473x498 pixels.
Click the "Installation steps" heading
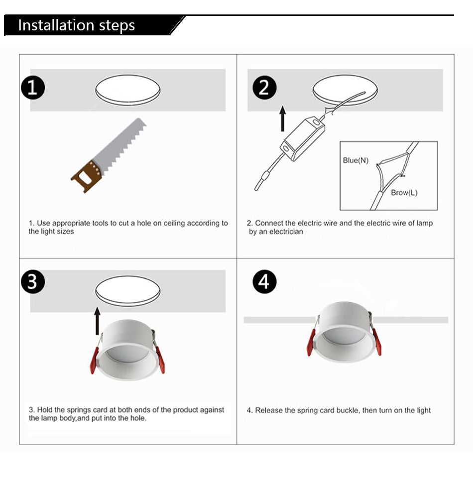(76, 25)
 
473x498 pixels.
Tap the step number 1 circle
(32, 88)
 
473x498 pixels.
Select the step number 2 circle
(264, 88)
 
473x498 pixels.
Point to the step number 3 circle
(32, 281)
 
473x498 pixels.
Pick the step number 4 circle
(264, 282)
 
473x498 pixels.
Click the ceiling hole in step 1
(128, 90)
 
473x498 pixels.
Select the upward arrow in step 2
(283, 119)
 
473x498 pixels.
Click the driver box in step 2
(302, 139)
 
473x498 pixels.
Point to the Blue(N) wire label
(355, 160)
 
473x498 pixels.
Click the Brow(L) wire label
(404, 193)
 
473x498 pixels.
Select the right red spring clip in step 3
(160, 360)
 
